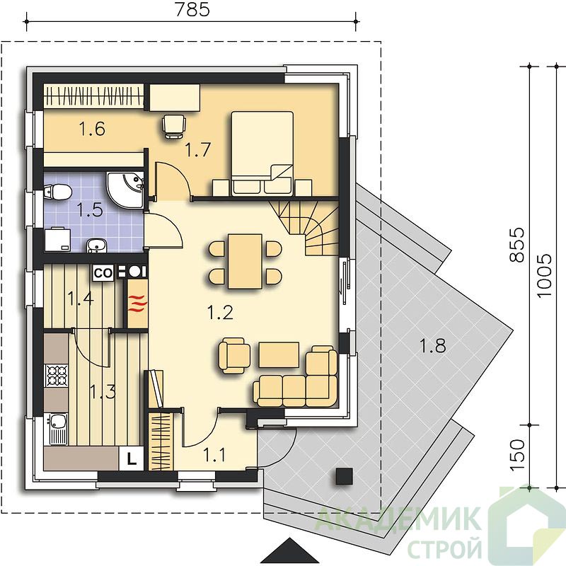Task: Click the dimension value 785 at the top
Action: point(192,9)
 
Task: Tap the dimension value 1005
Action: point(544,276)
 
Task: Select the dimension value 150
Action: point(517,454)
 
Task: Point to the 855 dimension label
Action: point(517,244)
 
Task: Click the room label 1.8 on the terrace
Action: point(433,345)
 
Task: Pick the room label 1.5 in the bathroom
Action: point(91,209)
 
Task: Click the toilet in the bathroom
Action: point(57,192)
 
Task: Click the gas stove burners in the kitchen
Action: point(57,376)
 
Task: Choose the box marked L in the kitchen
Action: point(132,458)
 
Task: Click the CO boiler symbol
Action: point(103,272)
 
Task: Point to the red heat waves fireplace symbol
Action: point(138,303)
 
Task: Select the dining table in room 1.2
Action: point(245,261)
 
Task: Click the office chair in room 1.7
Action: point(174,126)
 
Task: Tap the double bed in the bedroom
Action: point(262,154)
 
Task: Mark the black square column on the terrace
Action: point(344,475)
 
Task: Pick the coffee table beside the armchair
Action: point(279,355)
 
